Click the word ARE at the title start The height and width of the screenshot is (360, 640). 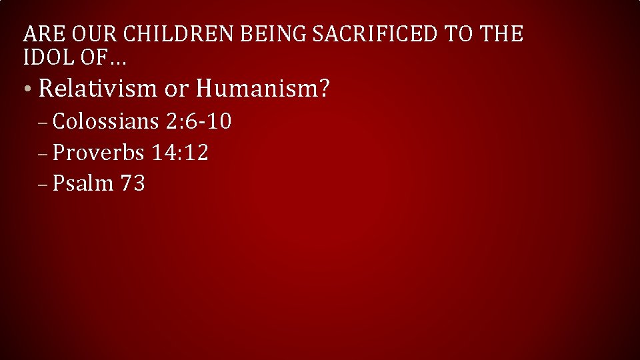tap(41, 33)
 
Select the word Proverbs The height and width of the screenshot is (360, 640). tap(98, 153)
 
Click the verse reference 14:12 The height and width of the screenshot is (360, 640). tap(180, 153)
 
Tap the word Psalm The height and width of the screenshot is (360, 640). tap(83, 183)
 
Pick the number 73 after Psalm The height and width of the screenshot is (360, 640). tap(133, 183)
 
